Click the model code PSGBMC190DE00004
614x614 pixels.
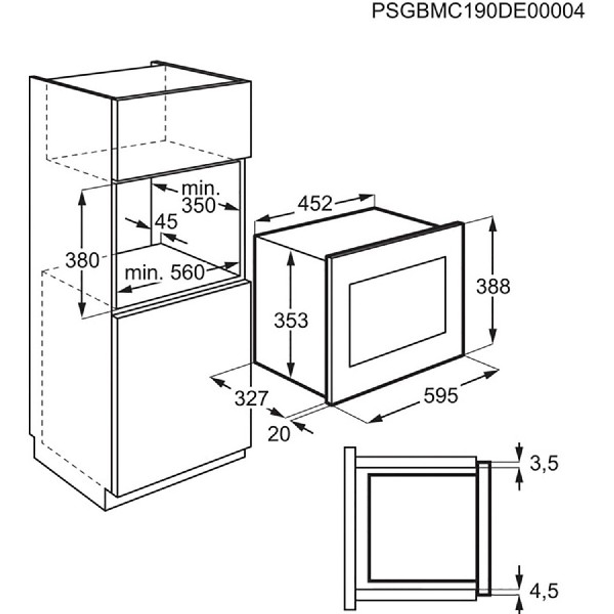[477, 11]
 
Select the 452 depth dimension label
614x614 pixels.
[315, 203]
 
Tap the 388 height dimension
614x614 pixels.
[493, 287]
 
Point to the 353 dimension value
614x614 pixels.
[291, 320]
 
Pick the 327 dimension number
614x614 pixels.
[251, 398]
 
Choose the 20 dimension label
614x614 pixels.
[279, 433]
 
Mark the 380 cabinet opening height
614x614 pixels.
[82, 260]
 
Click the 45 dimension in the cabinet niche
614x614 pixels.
[165, 222]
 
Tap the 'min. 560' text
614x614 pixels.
[165, 273]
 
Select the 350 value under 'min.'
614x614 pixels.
[199, 206]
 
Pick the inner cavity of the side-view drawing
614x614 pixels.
[422, 527]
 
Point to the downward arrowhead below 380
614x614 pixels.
[82, 311]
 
